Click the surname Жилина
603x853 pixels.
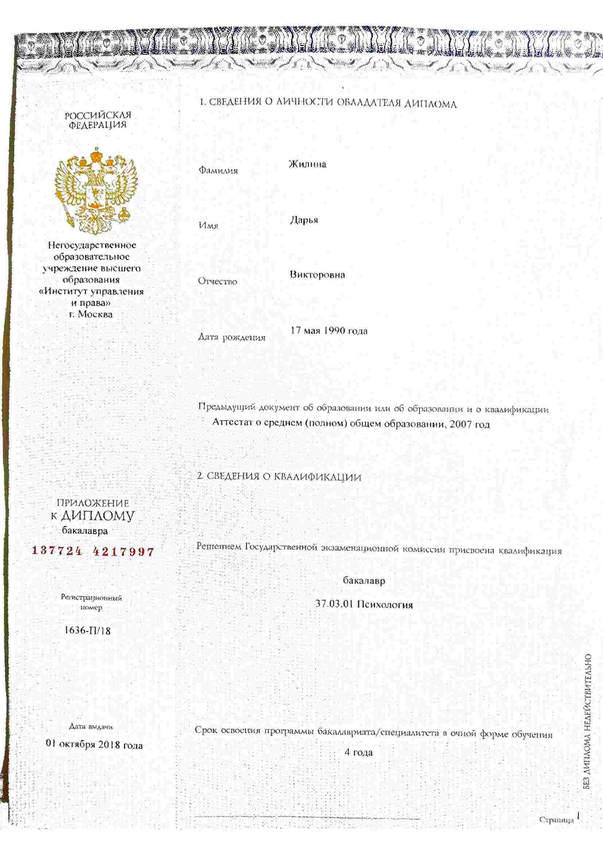point(308,164)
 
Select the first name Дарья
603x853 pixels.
point(304,220)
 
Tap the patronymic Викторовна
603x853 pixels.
point(317,274)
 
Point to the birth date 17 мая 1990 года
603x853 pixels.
point(329,330)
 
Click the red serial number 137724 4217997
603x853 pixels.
point(93,551)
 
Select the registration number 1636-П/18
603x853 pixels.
point(88,630)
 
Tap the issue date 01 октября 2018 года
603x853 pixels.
point(94,745)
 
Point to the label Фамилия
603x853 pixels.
point(218,170)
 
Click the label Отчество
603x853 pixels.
point(218,282)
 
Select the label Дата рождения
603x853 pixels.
point(232,337)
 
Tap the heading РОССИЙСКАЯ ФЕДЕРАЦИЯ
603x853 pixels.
point(98,120)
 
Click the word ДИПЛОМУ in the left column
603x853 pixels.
point(98,516)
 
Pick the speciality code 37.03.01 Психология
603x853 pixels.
point(364,605)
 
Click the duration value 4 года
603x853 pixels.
point(359,752)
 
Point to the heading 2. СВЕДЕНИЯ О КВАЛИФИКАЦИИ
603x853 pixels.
point(279,477)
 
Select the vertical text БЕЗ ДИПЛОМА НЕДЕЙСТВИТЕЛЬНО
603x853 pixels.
point(588,722)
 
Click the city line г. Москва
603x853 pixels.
point(91,314)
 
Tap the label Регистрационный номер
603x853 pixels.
point(92,602)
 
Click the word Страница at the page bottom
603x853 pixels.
point(556,820)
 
